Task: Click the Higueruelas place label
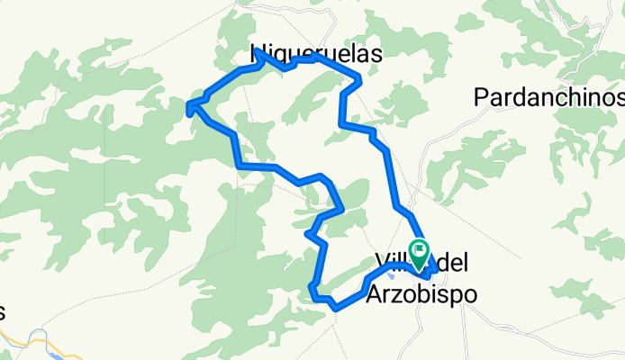315,53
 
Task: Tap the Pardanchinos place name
548,96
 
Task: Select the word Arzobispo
421,294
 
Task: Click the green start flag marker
419,249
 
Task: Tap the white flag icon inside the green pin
419,247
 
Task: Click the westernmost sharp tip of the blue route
187,109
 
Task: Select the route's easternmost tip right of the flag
437,267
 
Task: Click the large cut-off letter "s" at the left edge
3,312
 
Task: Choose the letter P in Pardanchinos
481,96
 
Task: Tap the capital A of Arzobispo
375,294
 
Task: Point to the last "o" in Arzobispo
466,294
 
